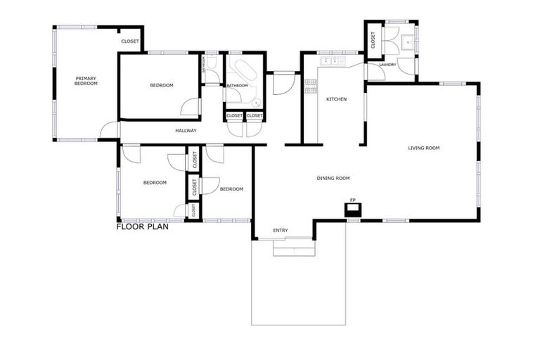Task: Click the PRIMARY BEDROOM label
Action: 86,80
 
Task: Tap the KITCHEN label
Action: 336,99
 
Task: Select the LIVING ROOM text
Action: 424,148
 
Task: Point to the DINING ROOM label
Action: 333,179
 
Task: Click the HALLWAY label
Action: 186,131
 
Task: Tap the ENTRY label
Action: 281,230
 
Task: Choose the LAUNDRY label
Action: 387,65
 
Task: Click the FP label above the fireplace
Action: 353,200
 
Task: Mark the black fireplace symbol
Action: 353,210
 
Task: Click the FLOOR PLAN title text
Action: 142,226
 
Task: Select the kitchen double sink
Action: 330,62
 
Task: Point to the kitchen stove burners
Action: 310,86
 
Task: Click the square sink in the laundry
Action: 407,44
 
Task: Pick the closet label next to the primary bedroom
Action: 130,41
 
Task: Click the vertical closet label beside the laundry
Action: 373,40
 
